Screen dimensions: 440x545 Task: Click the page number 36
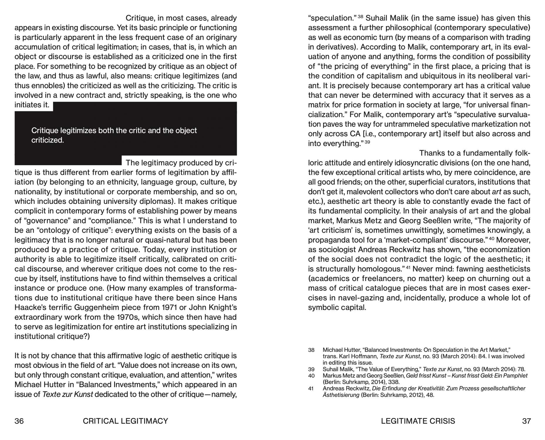pos(19,421)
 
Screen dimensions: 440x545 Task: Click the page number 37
pos(526,421)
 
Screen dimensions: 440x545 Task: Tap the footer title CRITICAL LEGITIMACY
pos(125,421)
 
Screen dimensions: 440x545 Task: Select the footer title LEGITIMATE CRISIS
pos(418,421)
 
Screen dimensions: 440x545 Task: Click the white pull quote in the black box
pos(114,135)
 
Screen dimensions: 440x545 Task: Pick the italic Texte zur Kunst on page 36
pos(68,394)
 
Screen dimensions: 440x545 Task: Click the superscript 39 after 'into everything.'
pos(367,142)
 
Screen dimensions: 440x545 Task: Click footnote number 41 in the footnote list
pos(311,388)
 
